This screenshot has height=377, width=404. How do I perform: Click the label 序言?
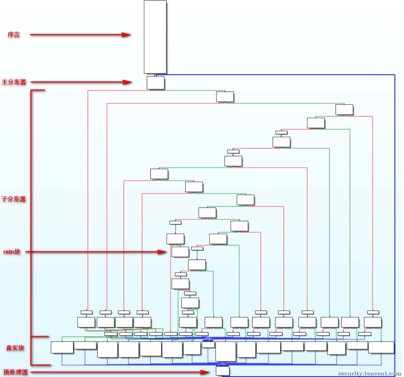click(14, 35)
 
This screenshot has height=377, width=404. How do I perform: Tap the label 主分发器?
click(14, 82)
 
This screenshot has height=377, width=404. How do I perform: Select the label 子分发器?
click(13, 199)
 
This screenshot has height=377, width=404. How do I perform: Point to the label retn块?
click(12, 252)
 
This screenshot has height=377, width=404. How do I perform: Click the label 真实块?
click(15, 348)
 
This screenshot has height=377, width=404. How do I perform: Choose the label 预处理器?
click(16, 372)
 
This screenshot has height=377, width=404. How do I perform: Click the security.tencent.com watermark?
click(369, 373)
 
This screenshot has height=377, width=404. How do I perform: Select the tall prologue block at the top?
click(155, 37)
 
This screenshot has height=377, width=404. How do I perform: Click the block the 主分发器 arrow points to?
click(155, 83)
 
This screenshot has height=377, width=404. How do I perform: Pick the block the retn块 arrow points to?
click(180, 252)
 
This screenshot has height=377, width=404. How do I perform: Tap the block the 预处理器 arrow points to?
click(223, 371)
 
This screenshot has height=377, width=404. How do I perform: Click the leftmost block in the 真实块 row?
click(62, 347)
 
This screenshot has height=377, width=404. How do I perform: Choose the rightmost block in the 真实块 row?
click(381, 347)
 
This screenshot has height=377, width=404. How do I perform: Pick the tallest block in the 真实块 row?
click(226, 351)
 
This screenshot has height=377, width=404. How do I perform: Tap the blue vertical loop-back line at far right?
click(395, 221)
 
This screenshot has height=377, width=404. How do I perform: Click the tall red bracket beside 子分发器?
click(31, 213)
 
